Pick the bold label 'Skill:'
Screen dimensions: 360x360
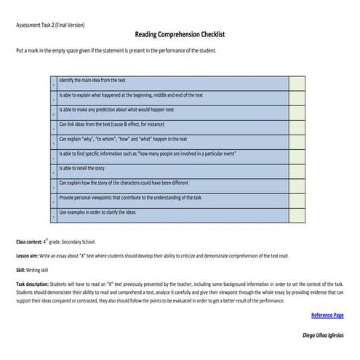(22, 269)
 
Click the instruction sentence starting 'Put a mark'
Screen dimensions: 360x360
(115, 51)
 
